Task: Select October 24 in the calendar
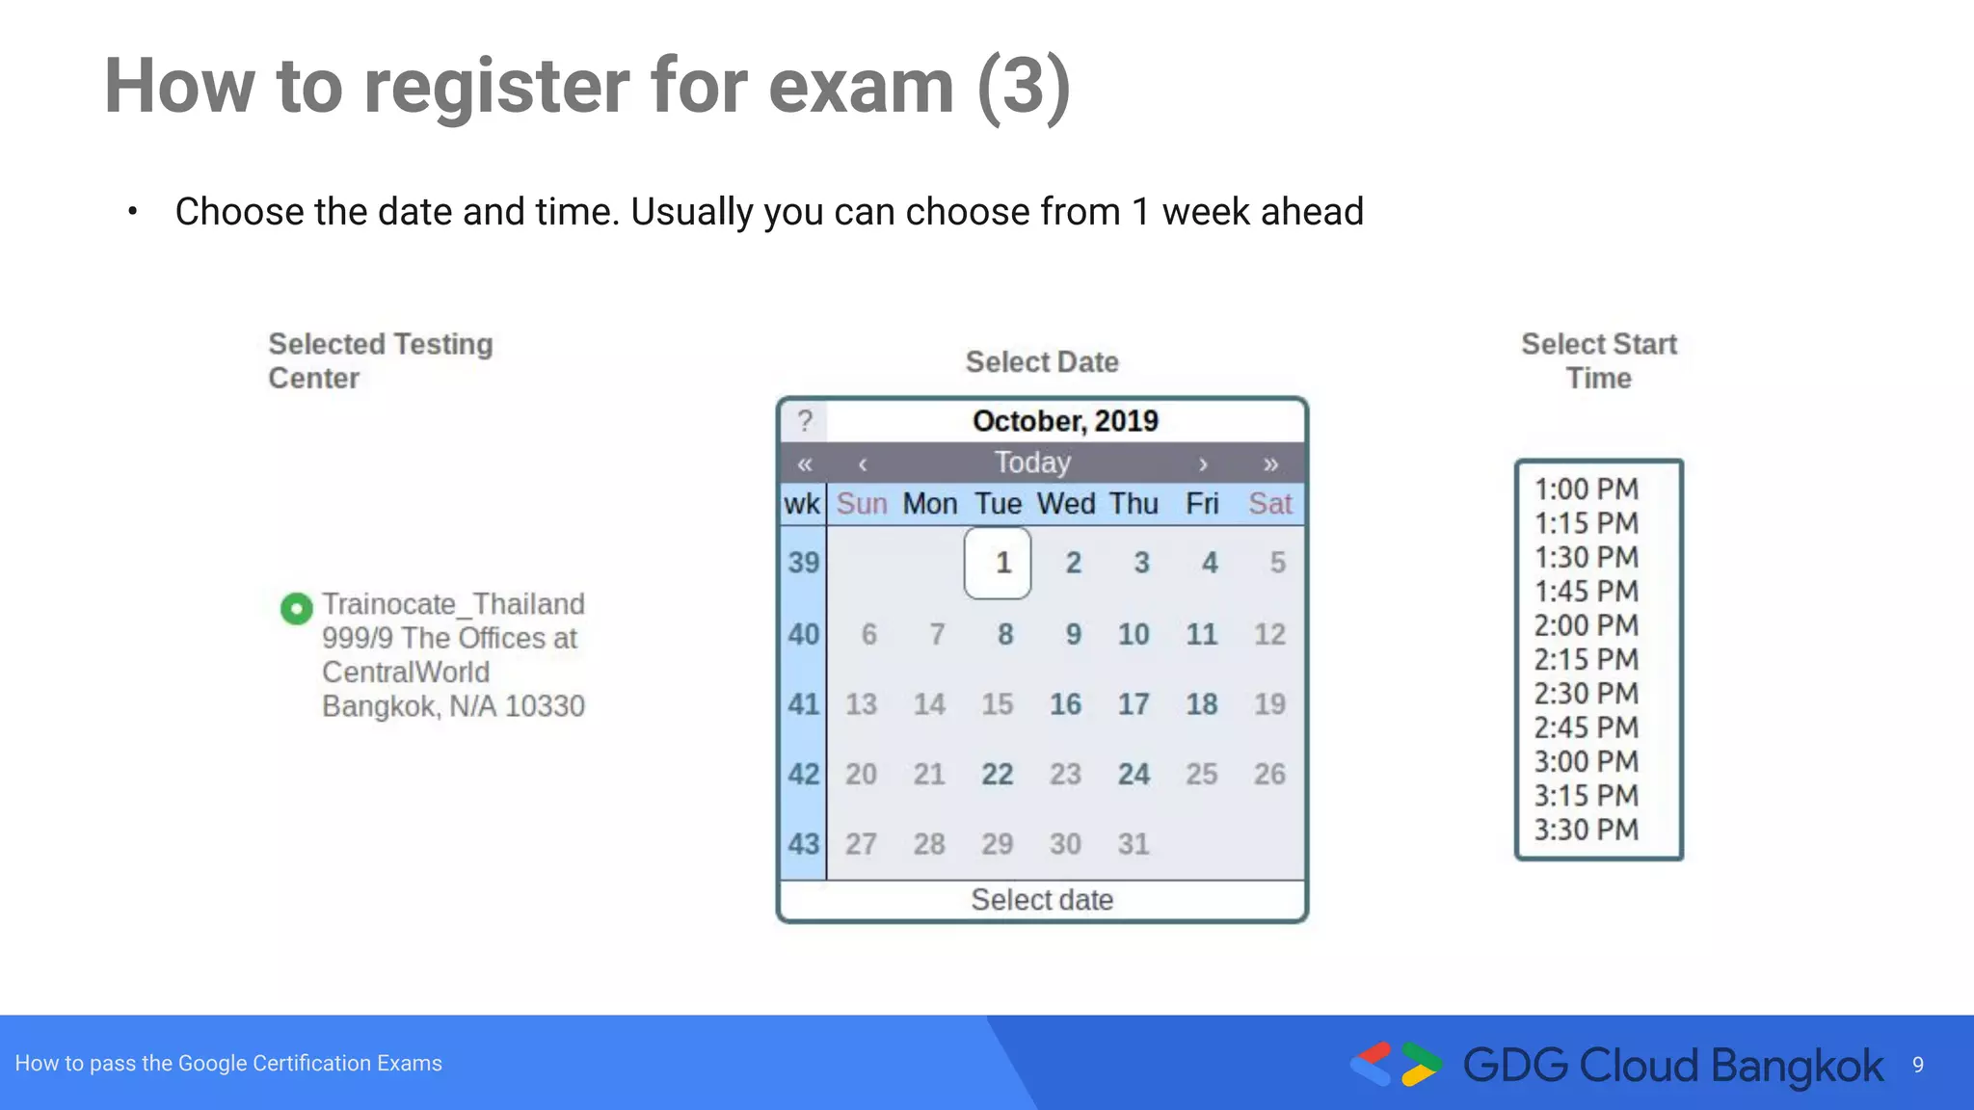pos(1134,775)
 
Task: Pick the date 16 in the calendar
pos(1065,704)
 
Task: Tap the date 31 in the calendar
pos(1134,844)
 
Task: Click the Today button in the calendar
pos(1032,463)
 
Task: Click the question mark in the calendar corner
pos(805,421)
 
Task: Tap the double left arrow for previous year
pos(805,464)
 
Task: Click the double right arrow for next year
pos(1270,464)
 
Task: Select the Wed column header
pos(1066,504)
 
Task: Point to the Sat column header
pos(1269,504)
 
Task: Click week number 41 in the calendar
pos(803,704)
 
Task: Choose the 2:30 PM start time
pos(1586,694)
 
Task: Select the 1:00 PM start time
pos(1586,489)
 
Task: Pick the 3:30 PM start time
pos(1586,830)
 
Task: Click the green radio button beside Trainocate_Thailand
pos(296,608)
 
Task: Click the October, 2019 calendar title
pos(1065,421)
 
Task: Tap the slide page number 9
pos(1917,1065)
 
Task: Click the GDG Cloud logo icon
pos(1395,1065)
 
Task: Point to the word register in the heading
pos(496,87)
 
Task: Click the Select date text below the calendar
pos(1042,900)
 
